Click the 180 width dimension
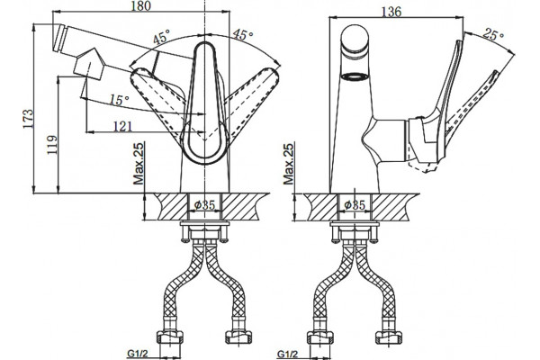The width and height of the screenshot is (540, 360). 141,6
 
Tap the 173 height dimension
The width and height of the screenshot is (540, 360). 29,119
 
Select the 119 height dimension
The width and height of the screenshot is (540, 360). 52,145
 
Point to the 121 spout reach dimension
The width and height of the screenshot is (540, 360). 122,126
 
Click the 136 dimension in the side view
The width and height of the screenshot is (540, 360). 391,12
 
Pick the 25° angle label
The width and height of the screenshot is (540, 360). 493,34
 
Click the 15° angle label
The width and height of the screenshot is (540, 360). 120,100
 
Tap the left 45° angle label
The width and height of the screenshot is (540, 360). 162,37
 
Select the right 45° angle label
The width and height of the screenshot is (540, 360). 243,34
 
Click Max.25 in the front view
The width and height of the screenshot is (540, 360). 139,163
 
